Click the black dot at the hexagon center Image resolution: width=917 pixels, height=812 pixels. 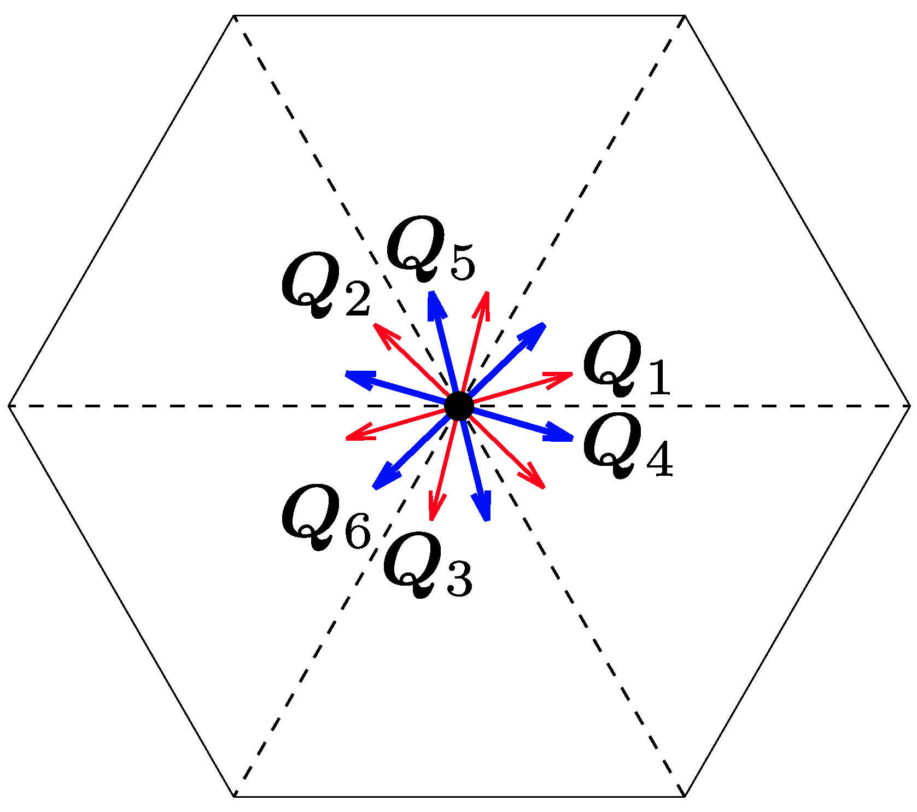point(459,406)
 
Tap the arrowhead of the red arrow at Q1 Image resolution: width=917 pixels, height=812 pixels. point(563,377)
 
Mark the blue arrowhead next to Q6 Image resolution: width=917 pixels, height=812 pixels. point(383,478)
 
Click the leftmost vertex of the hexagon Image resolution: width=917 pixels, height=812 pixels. point(9,406)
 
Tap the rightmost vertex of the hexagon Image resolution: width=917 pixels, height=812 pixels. point(910,406)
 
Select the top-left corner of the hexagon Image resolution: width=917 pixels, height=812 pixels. point(234,16)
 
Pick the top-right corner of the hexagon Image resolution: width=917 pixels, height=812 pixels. point(684,16)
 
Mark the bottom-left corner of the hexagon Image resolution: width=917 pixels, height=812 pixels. point(234,796)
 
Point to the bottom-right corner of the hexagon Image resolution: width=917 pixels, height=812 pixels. point(684,796)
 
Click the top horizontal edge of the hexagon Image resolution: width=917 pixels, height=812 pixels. point(459,16)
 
